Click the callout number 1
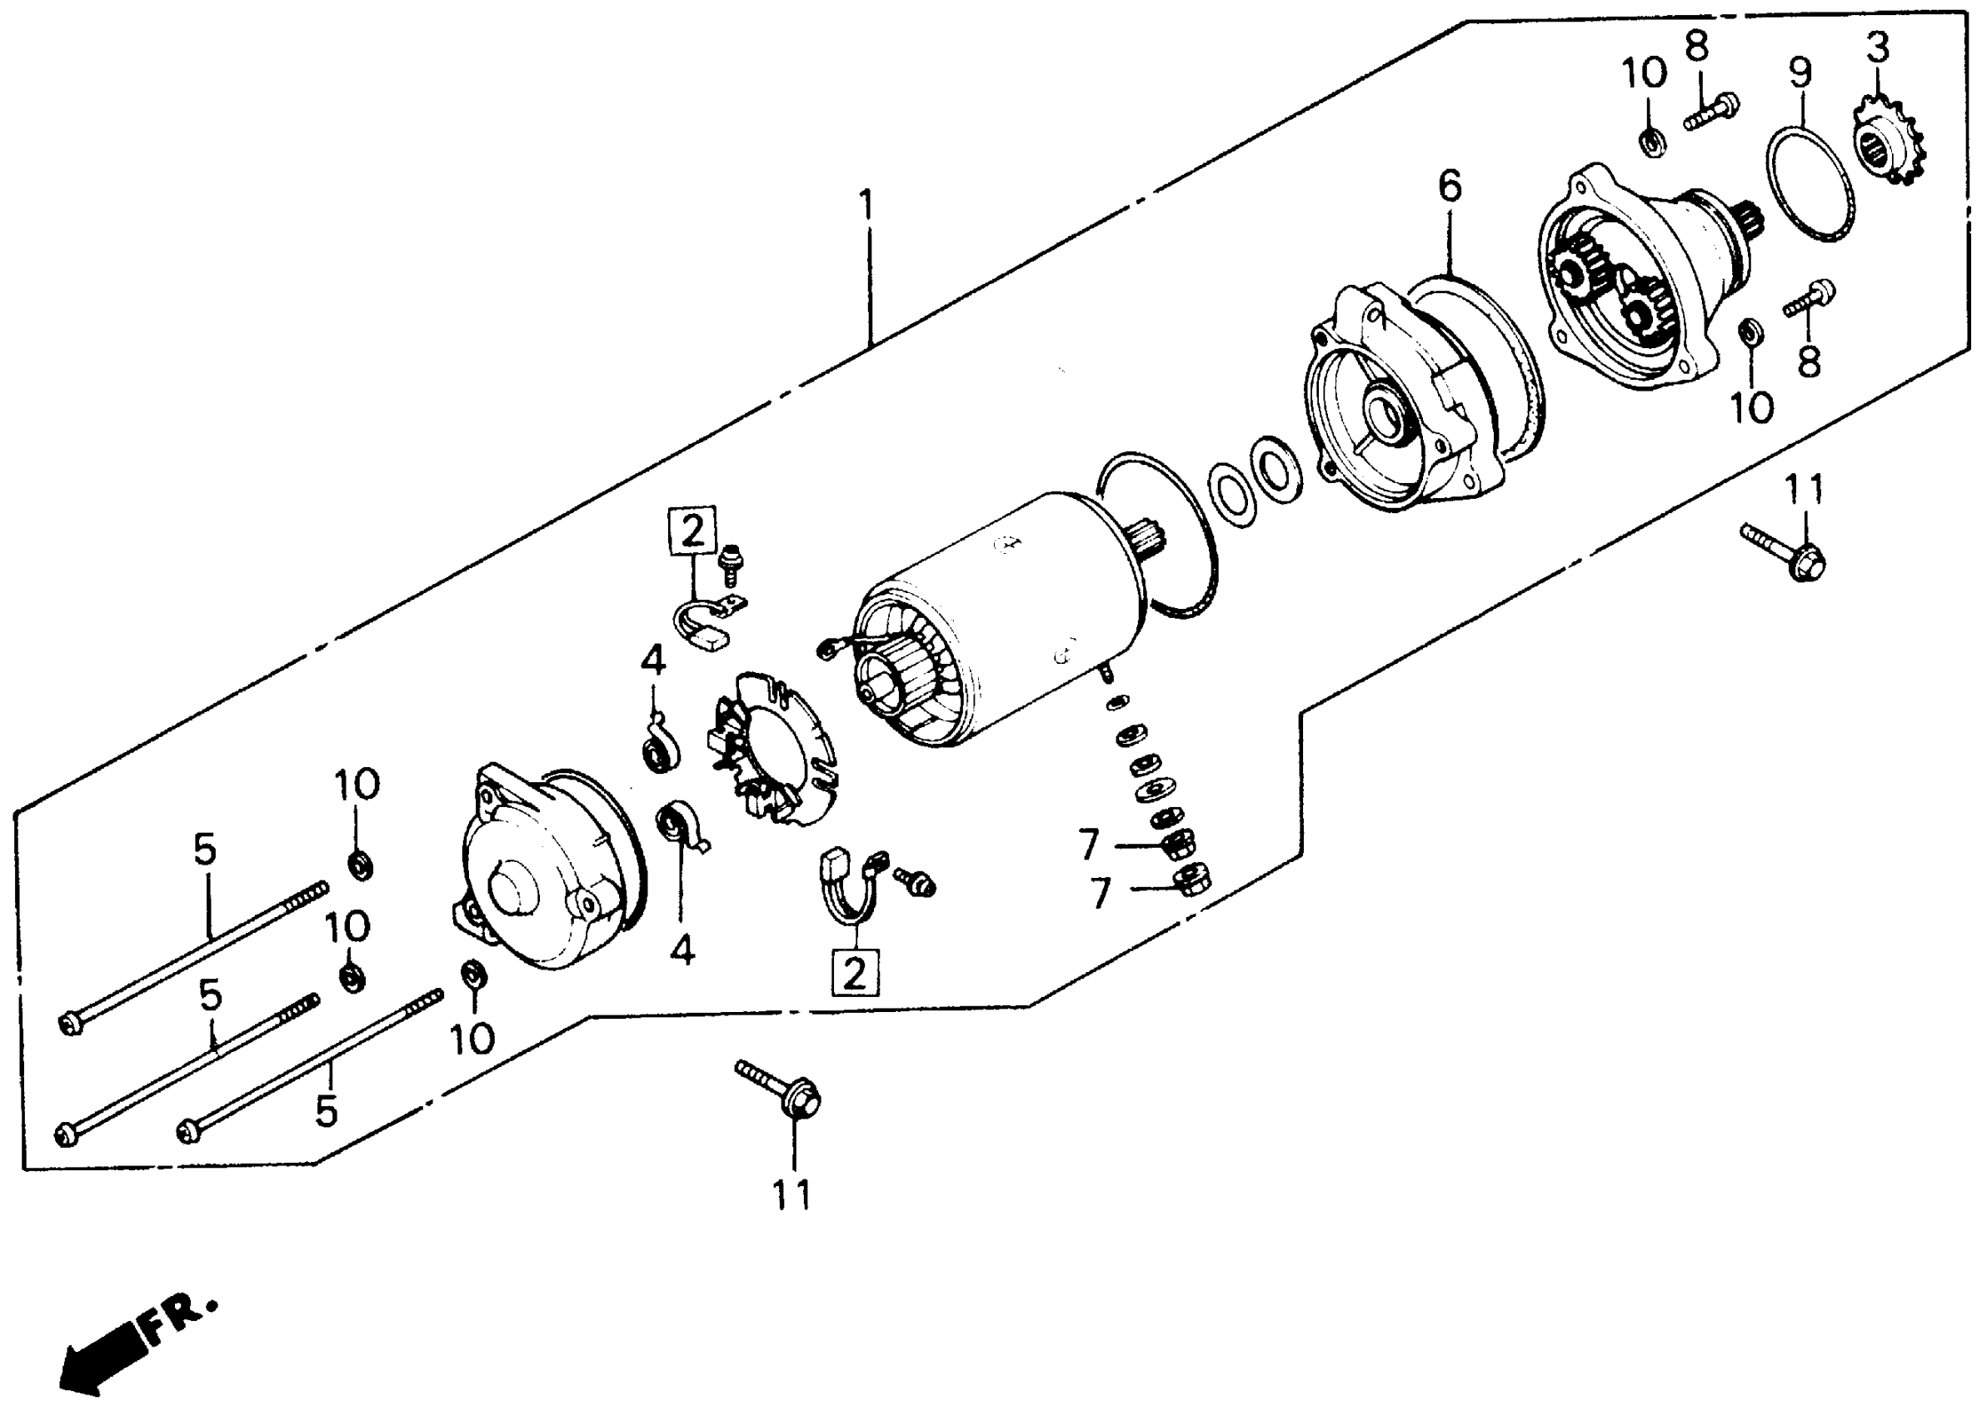865,206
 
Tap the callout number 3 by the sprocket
1877,48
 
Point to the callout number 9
1800,74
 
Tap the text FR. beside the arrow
179,1322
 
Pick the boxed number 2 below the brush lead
855,972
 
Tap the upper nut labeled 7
1176,843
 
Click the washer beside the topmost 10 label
1650,142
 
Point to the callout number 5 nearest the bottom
326,1111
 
